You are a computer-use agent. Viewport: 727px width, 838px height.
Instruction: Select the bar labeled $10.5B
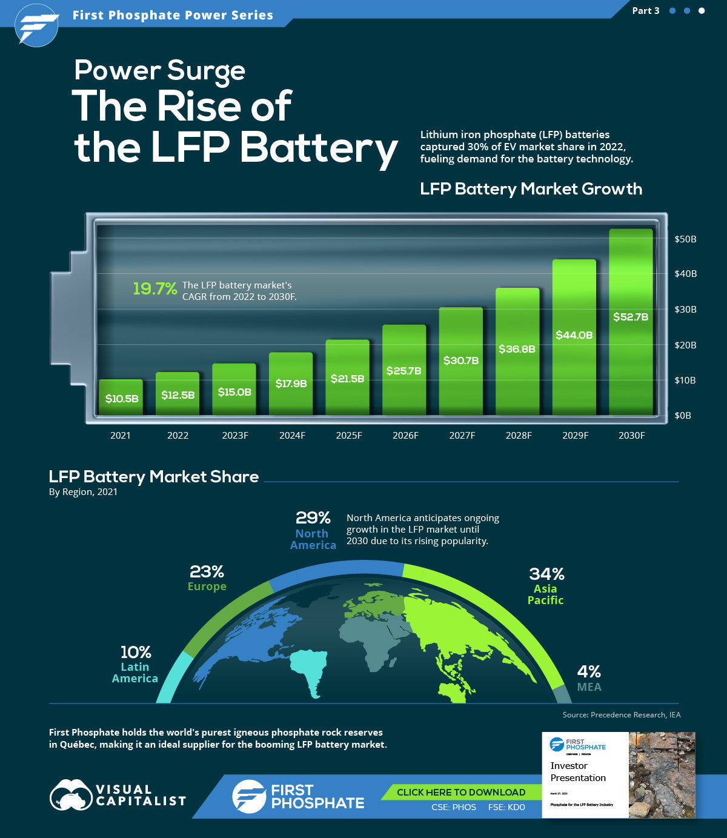tap(121, 397)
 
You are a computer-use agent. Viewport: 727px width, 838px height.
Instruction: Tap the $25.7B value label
tap(403, 371)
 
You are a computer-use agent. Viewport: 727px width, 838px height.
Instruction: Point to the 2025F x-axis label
tap(348, 436)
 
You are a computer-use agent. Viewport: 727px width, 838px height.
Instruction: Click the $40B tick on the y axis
tap(685, 274)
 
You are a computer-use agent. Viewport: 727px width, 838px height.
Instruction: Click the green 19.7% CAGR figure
tap(155, 289)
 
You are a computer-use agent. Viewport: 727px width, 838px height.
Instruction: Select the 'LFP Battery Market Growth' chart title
tap(531, 189)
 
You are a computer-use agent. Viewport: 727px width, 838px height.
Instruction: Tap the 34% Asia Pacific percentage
tap(546, 574)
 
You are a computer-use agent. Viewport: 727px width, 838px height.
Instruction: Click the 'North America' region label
tap(313, 539)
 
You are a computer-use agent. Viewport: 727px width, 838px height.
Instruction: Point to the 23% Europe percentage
tap(207, 571)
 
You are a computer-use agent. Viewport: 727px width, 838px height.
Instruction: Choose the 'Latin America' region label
tap(135, 673)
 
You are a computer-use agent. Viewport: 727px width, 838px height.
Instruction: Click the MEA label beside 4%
tap(589, 687)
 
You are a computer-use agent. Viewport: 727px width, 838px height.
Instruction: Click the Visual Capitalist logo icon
tap(70, 796)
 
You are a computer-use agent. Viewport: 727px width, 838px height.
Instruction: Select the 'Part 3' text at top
tap(645, 11)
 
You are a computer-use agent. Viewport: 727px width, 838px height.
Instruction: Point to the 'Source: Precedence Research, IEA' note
tap(621, 715)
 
